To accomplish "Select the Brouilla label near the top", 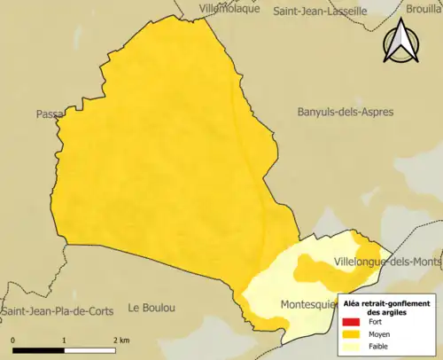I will (424, 9).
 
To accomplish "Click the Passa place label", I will (47, 114).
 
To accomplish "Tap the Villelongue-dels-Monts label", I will (387, 262).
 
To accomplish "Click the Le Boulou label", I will (152, 308).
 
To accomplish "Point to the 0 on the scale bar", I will (13, 340).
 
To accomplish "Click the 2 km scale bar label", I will (121, 340).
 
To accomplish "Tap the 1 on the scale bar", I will (64, 340).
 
